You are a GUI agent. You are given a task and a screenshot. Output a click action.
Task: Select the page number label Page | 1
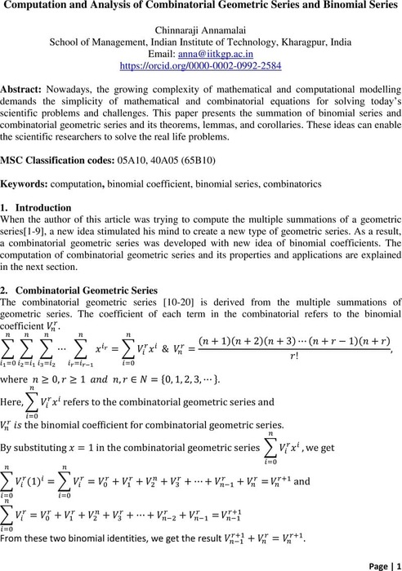point(376,562)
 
